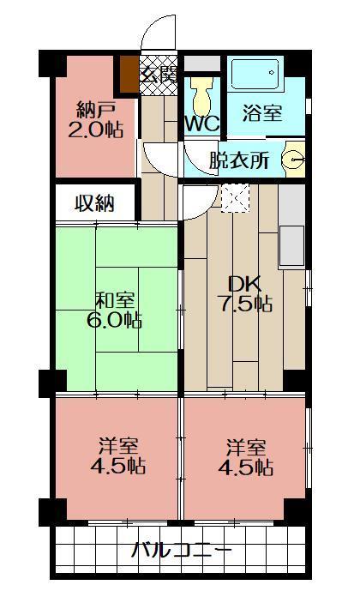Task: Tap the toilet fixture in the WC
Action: pyautogui.click(x=202, y=93)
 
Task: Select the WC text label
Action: pyautogui.click(x=202, y=124)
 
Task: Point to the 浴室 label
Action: pyautogui.click(x=261, y=112)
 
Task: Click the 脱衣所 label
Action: pyautogui.click(x=239, y=160)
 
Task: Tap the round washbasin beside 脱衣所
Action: pyautogui.click(x=294, y=159)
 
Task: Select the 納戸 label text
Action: pyautogui.click(x=96, y=110)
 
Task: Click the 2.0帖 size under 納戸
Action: pyautogui.click(x=96, y=130)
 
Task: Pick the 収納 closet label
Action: pyautogui.click(x=95, y=203)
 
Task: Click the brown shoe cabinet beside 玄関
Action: pyautogui.click(x=129, y=73)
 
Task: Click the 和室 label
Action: pyautogui.click(x=117, y=300)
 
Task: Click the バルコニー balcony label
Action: pyautogui.click(x=180, y=550)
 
